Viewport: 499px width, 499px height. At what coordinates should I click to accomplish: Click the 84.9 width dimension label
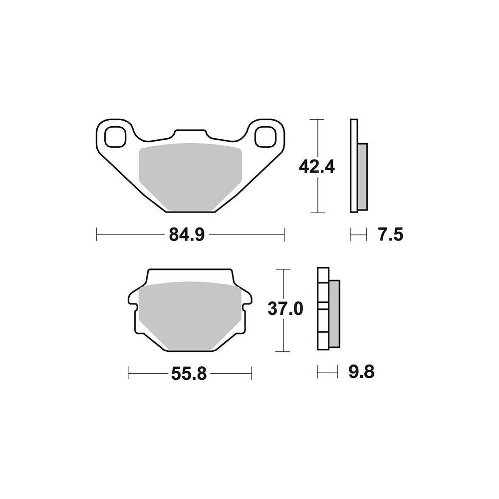187,235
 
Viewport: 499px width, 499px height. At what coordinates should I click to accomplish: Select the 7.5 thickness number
391,235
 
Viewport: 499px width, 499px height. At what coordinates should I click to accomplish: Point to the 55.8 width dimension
189,373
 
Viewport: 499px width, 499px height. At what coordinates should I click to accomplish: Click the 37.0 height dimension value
285,309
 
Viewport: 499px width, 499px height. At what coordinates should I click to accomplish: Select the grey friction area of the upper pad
191,177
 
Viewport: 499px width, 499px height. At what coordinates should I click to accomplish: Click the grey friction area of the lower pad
190,315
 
